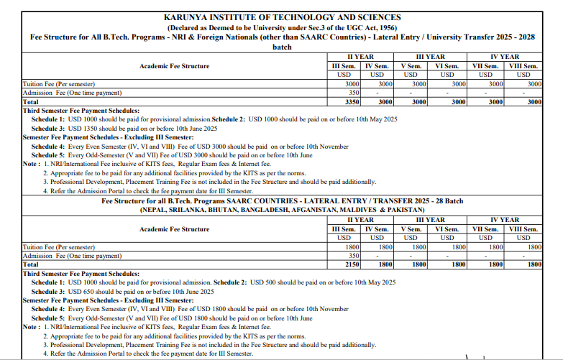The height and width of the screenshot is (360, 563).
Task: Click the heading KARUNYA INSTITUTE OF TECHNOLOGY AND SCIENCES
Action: (283, 17)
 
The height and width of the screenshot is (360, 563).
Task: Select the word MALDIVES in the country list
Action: (347, 210)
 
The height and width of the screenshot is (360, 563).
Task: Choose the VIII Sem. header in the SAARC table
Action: (524, 229)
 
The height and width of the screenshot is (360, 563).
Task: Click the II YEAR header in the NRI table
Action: (360, 56)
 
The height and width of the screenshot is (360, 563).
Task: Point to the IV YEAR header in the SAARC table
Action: (505, 220)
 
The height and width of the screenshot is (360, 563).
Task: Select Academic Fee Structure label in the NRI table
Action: (174, 66)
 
